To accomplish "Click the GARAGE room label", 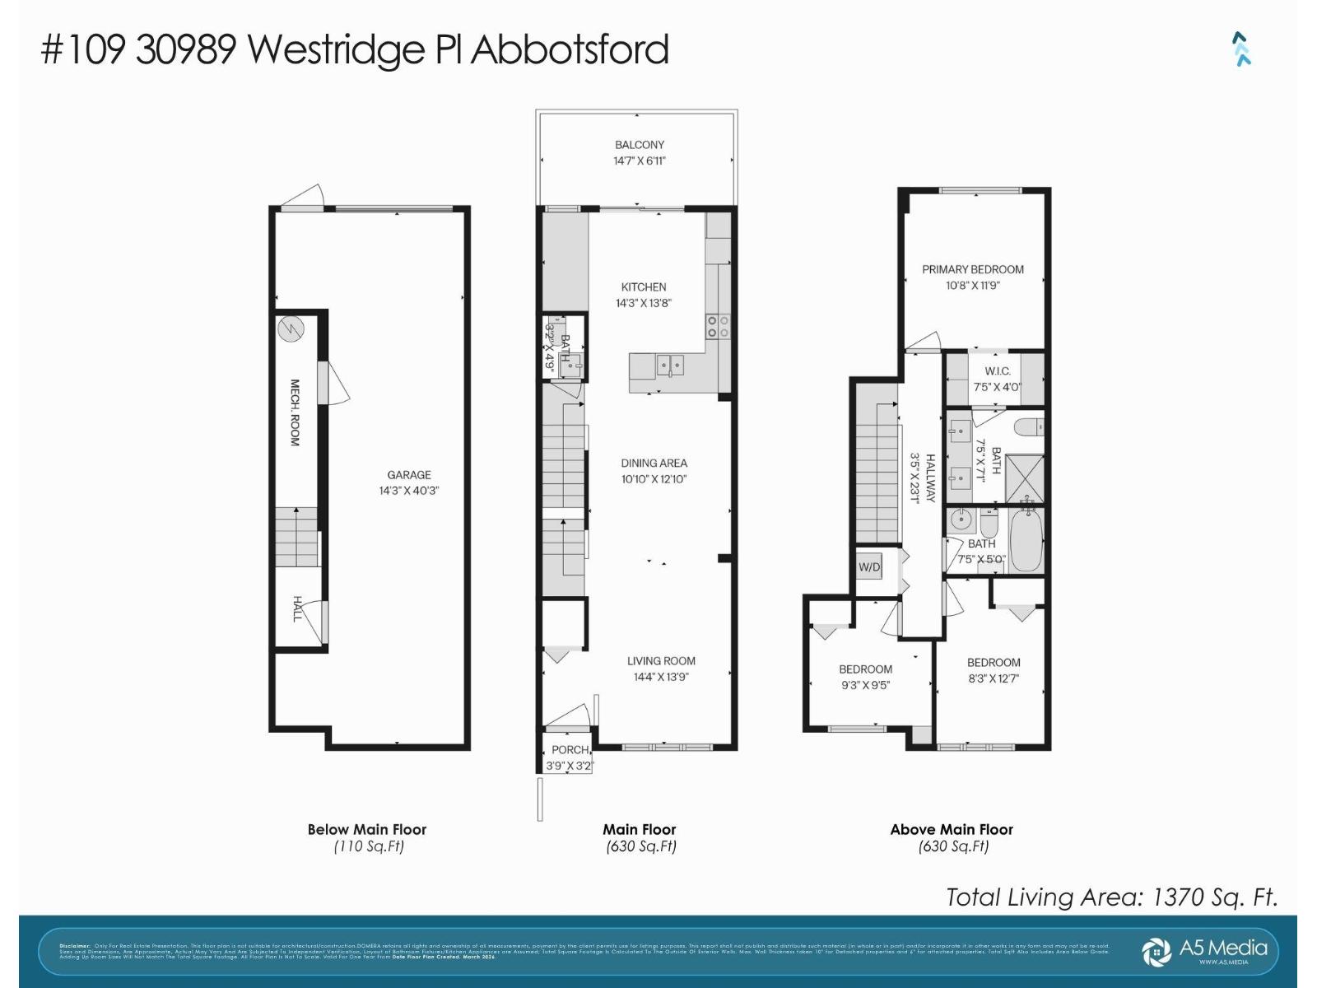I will [409, 475].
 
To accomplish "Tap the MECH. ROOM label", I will [295, 412].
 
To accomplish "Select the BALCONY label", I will [640, 145].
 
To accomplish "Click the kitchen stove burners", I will [718, 326].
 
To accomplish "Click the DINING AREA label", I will [654, 464].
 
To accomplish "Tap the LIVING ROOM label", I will [661, 661].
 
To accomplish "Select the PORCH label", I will [570, 750].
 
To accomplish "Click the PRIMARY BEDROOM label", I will [973, 269].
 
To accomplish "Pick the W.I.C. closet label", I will [998, 371].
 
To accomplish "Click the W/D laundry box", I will [869, 567].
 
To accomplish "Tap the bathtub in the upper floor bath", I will [1026, 539].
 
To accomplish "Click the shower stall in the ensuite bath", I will [1025, 479].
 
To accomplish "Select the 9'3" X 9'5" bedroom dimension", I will [865, 685].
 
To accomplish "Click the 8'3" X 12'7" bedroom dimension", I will [994, 678].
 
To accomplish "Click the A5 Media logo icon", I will [1156, 952].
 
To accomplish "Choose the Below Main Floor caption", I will [367, 830].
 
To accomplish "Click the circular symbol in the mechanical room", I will [291, 329].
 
